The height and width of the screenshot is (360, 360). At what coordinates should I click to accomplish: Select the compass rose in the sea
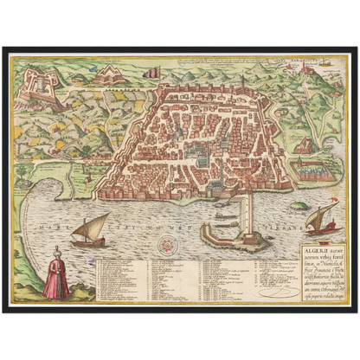pos(163,246)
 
